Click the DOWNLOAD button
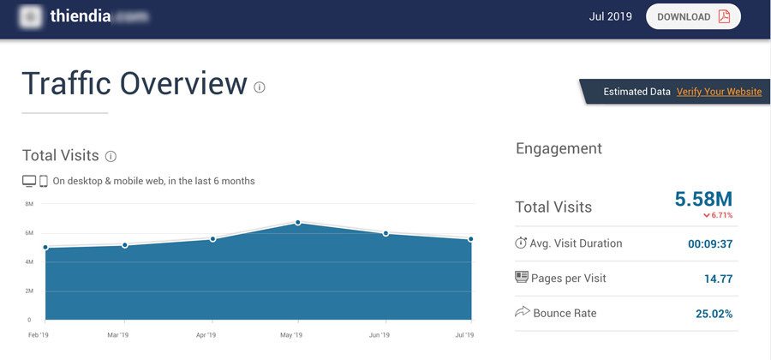click(x=693, y=17)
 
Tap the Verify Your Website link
click(x=719, y=92)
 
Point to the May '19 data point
click(x=297, y=223)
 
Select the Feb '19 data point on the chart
click(x=45, y=249)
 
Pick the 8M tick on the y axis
click(x=29, y=204)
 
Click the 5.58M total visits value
click(x=703, y=199)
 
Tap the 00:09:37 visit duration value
click(x=710, y=243)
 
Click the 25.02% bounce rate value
click(x=714, y=314)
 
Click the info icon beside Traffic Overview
click(x=260, y=87)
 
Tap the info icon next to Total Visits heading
click(x=111, y=156)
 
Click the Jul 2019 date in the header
click(x=611, y=17)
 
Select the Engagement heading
click(x=559, y=148)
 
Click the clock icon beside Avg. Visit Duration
click(x=521, y=243)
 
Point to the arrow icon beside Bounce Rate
click(x=522, y=312)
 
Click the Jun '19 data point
click(x=385, y=233)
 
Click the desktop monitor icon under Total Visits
click(x=29, y=181)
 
